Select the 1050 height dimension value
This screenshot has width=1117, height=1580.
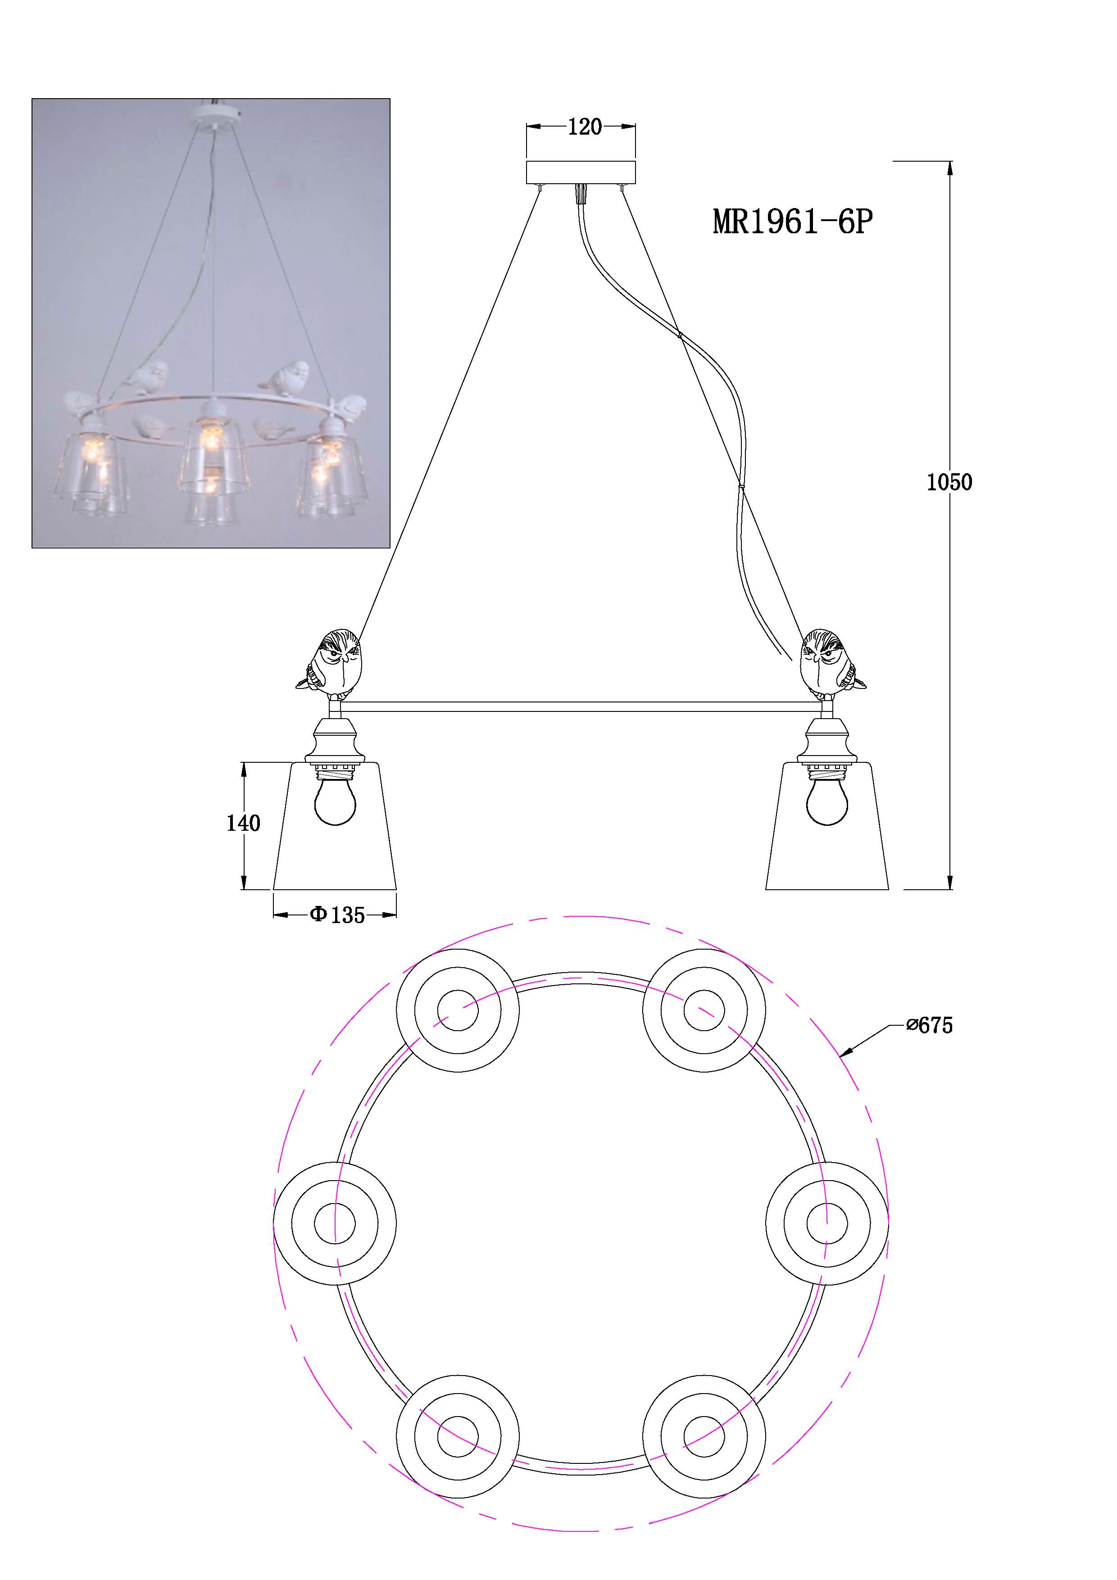(x=949, y=482)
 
